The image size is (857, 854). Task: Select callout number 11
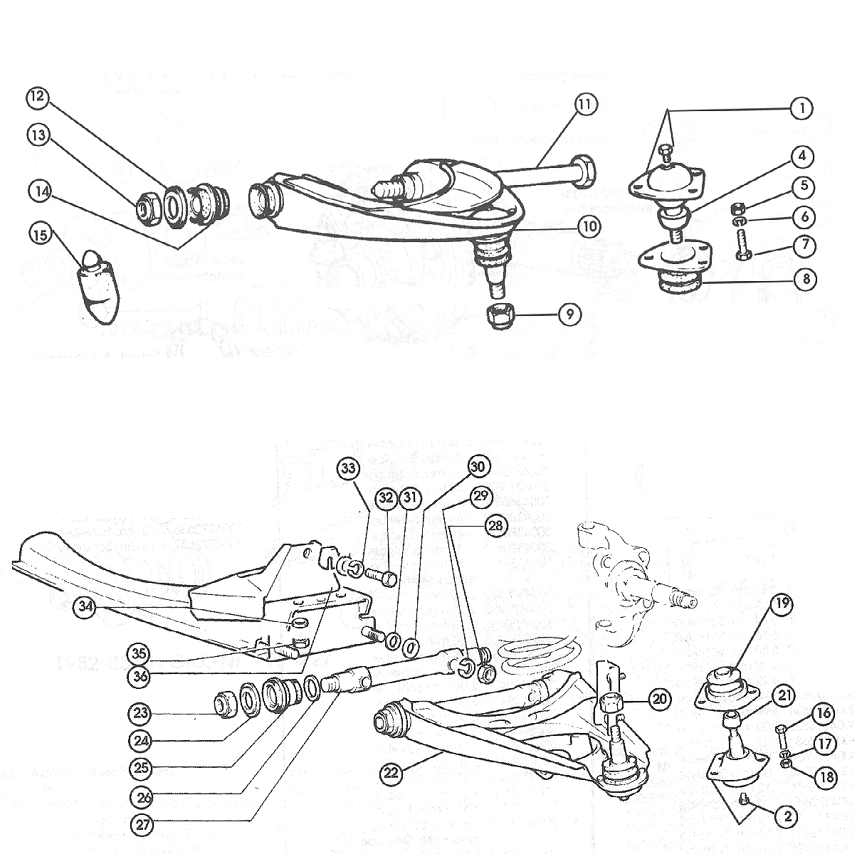[x=584, y=104]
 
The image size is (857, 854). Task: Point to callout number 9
[x=569, y=313]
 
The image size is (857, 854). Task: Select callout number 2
[x=788, y=816]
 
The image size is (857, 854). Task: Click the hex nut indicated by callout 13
[x=147, y=208]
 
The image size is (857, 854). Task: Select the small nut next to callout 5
[x=738, y=208]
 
